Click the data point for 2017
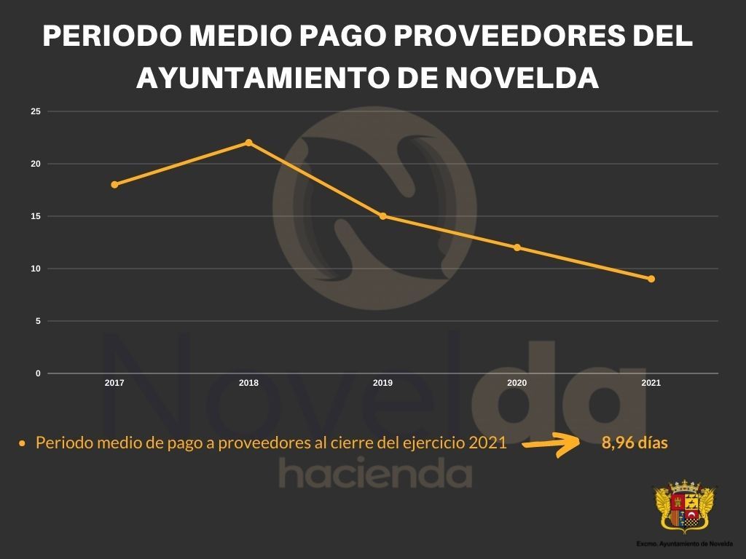point(114,185)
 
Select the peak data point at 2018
point(248,143)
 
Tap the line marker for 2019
point(383,216)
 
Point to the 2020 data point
point(517,247)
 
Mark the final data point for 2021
point(651,279)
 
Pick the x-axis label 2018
point(248,383)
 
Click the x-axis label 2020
point(517,383)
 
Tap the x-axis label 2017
point(114,383)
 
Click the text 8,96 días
point(635,443)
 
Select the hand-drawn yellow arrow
point(552,443)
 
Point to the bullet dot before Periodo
point(23,443)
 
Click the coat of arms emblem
point(685,507)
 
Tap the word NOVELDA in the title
point(521,78)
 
